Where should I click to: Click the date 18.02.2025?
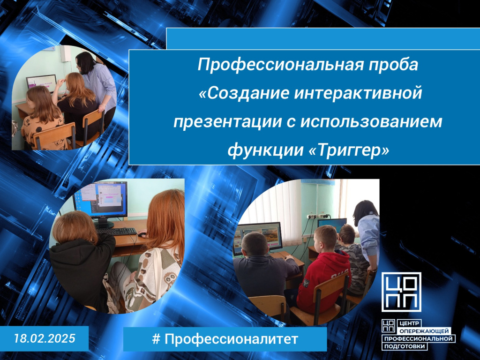pyautogui.click(x=45, y=338)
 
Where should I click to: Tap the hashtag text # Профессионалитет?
pyautogui.click(x=225, y=339)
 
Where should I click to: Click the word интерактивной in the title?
pyautogui.click(x=358, y=93)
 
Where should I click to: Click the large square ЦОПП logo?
pyautogui.click(x=401, y=292)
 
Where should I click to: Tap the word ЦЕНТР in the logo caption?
pyautogui.click(x=409, y=323)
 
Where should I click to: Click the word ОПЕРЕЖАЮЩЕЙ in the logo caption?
pyautogui.click(x=424, y=331)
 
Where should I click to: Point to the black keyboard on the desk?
pyautogui.click(x=116, y=231)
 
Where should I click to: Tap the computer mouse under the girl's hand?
pyautogui.click(x=142, y=235)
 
